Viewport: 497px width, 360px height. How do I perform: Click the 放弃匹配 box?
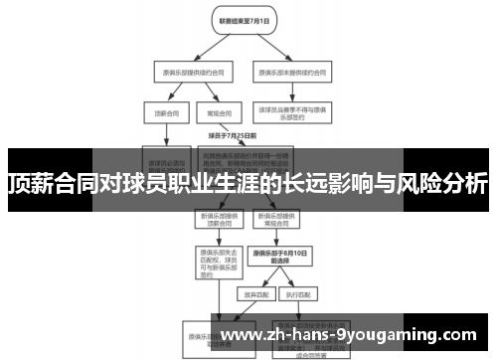[x=250, y=295]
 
